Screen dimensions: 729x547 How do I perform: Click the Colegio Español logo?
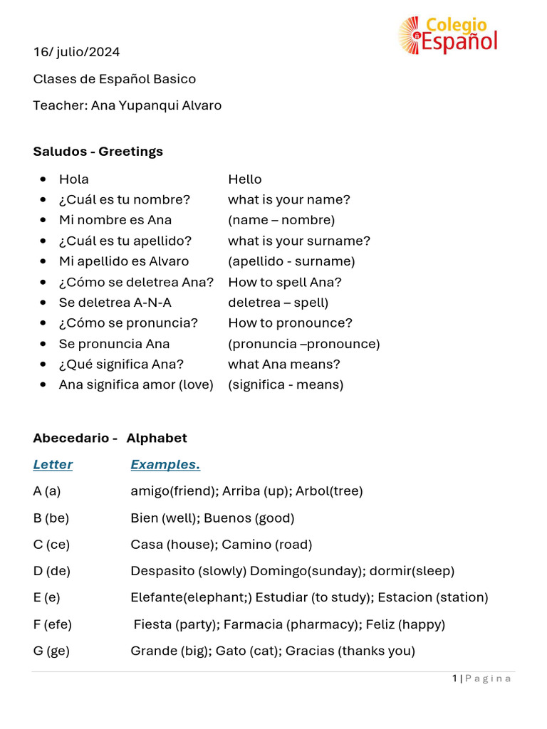[x=447, y=35]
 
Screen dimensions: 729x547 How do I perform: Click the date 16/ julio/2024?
[x=76, y=52]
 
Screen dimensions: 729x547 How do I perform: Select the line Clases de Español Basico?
[x=114, y=79]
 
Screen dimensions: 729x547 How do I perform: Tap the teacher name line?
[x=127, y=105]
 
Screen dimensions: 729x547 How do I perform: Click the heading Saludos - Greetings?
[x=98, y=152]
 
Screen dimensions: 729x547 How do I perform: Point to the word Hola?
[x=74, y=179]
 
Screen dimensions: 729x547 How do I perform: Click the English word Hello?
[x=244, y=179]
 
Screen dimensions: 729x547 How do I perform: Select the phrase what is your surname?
[x=299, y=241]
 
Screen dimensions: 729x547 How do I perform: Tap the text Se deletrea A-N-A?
[x=115, y=303]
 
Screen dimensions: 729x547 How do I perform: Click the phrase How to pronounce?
[x=290, y=323]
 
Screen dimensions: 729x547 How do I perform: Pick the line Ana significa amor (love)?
[x=136, y=385]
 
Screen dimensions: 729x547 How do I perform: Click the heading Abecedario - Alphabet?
[x=110, y=438]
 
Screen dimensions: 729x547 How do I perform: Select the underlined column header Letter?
[x=53, y=465]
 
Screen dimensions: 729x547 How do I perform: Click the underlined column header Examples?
[x=165, y=465]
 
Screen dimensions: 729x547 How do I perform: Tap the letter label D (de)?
[x=52, y=571]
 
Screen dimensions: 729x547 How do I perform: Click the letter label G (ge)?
[x=51, y=651]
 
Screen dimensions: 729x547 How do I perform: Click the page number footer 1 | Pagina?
[x=481, y=678]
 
